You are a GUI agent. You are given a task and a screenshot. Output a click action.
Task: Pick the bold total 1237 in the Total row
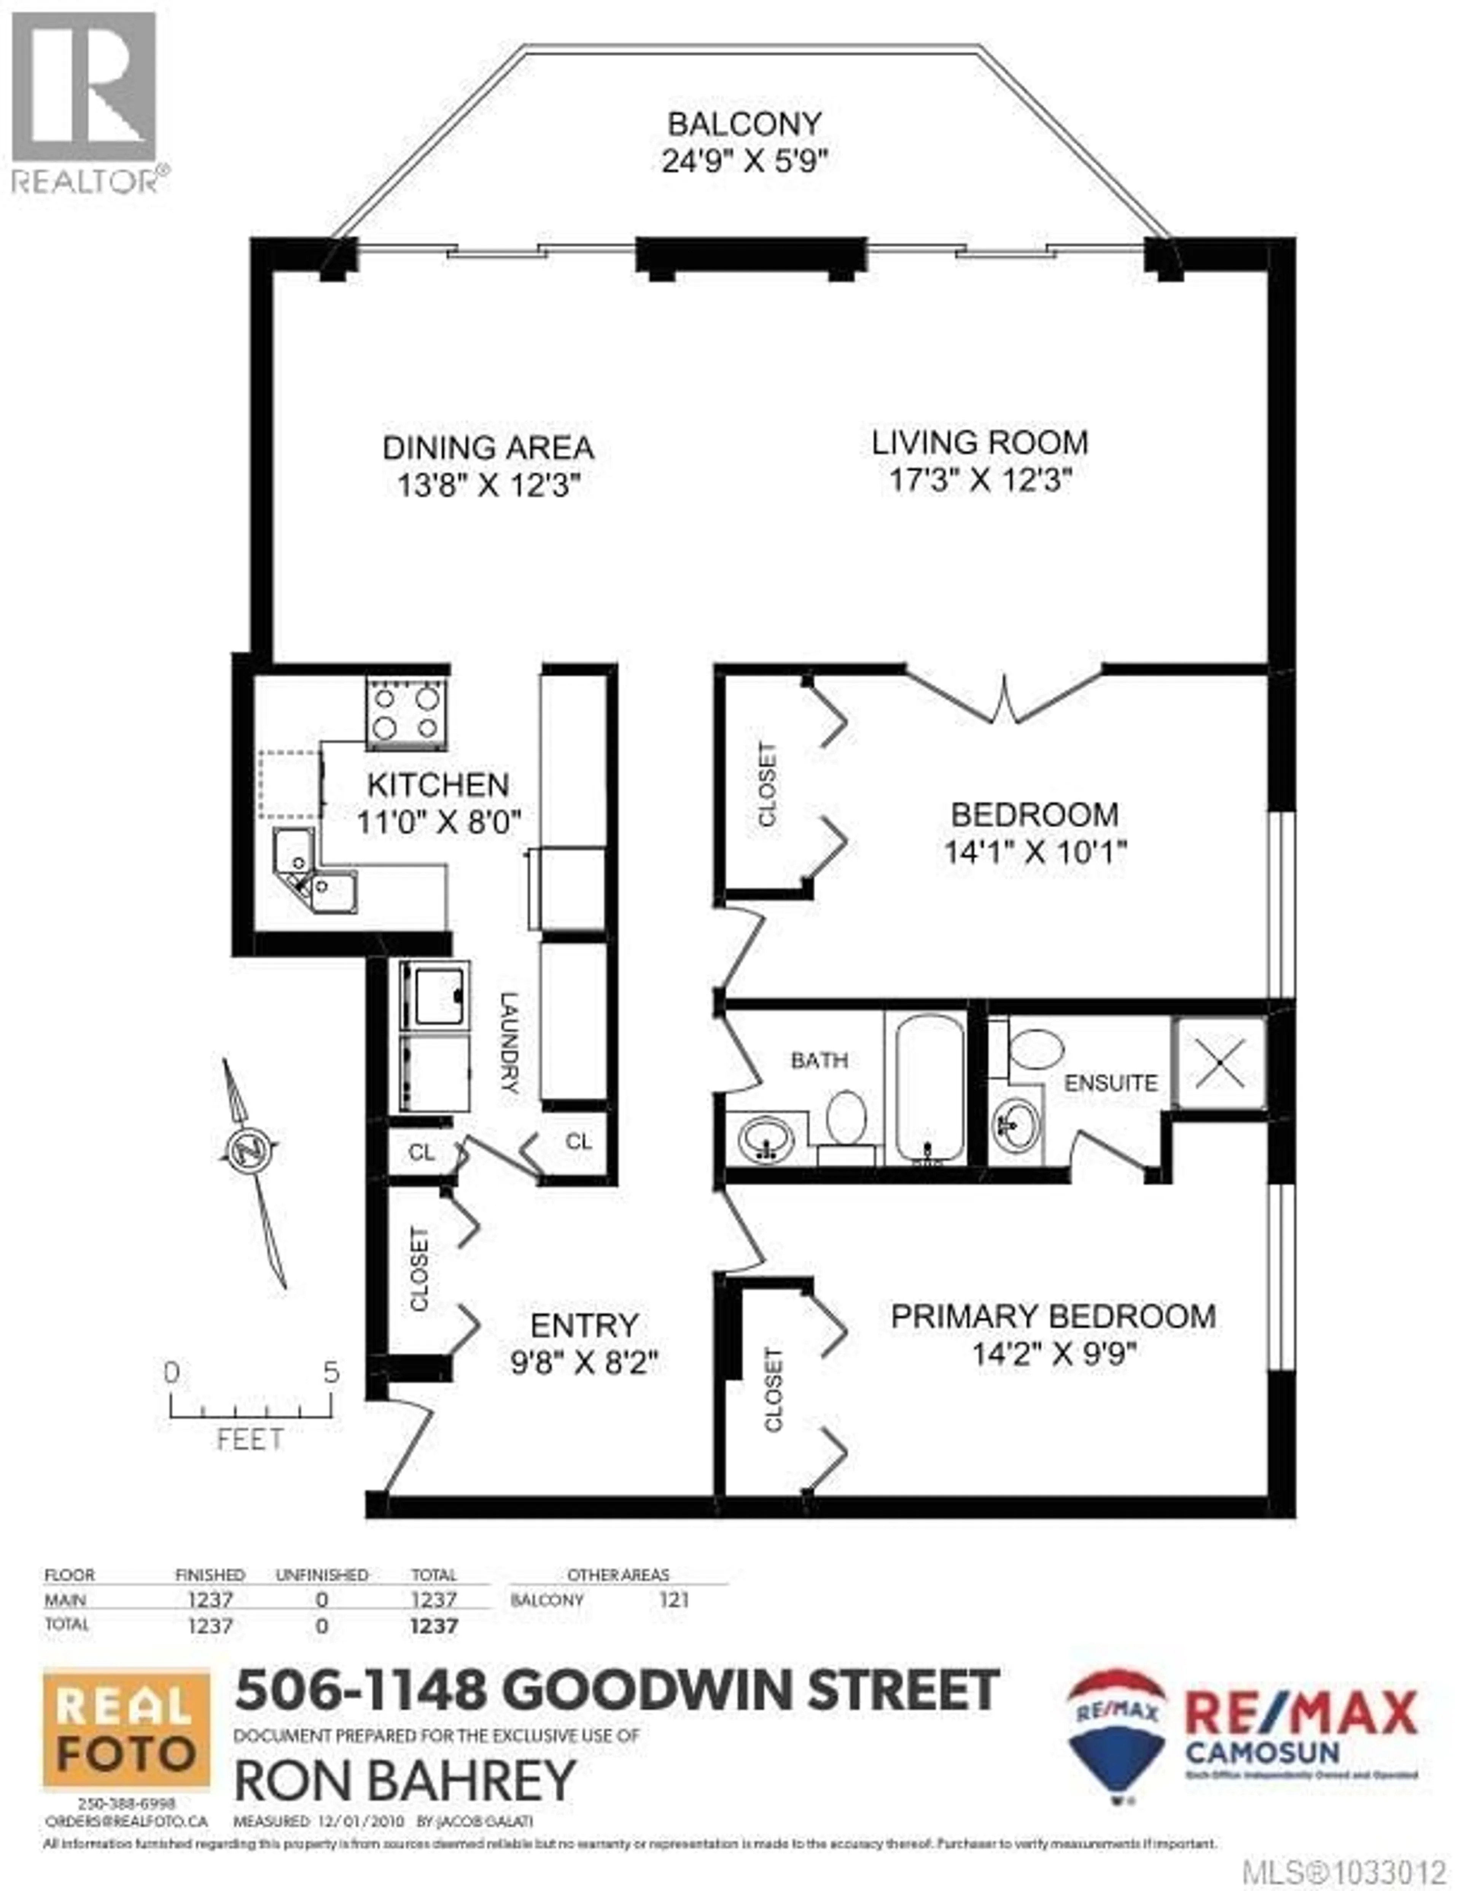click(434, 1626)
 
